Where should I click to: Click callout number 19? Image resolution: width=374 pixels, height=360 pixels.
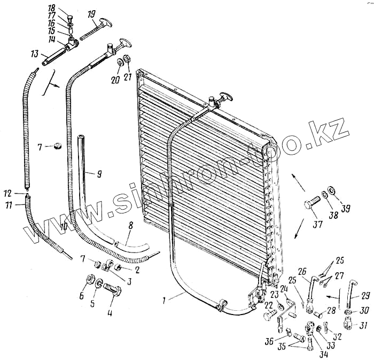(91, 13)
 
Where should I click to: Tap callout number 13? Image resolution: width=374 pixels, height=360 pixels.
(35, 53)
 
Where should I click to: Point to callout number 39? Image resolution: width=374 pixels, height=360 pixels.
(345, 208)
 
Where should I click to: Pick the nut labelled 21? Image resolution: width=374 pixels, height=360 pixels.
(127, 58)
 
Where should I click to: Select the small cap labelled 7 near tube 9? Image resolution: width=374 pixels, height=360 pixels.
(56, 145)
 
